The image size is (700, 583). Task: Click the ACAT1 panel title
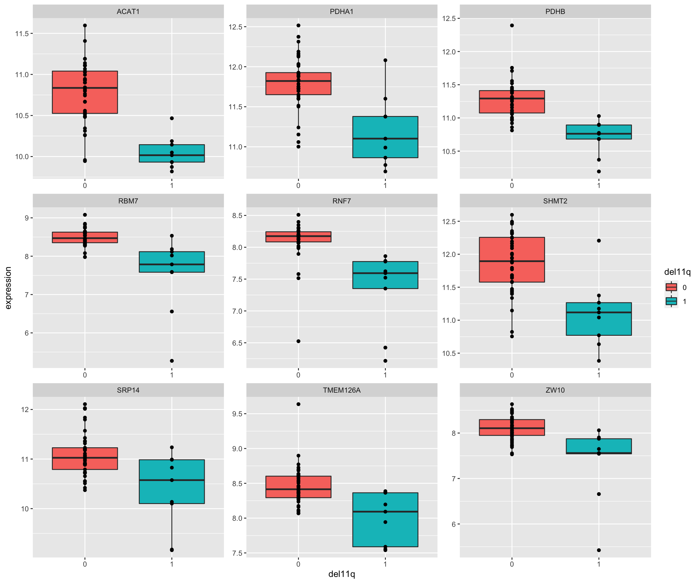(x=128, y=12)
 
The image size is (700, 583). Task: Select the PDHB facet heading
(x=555, y=12)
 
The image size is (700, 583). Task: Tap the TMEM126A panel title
(x=342, y=390)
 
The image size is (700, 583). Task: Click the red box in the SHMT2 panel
(x=512, y=260)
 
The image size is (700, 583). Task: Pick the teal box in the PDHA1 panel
(x=385, y=137)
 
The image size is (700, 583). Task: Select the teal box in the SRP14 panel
(x=172, y=482)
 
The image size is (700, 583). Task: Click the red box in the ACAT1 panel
(x=85, y=92)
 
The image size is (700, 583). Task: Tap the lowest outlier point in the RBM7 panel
(x=172, y=361)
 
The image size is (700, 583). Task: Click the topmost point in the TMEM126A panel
(x=298, y=404)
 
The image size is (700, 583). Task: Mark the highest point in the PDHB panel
(x=512, y=25)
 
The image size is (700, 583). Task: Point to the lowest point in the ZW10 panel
(x=599, y=550)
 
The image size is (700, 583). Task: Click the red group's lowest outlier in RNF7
(x=298, y=341)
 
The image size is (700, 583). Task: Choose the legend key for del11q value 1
(x=671, y=301)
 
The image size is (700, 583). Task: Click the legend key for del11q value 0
(x=671, y=287)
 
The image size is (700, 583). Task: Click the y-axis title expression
(x=8, y=288)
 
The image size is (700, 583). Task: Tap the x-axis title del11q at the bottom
(x=342, y=574)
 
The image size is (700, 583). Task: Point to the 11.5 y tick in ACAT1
(x=22, y=33)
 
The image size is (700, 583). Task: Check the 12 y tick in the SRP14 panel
(x=25, y=409)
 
